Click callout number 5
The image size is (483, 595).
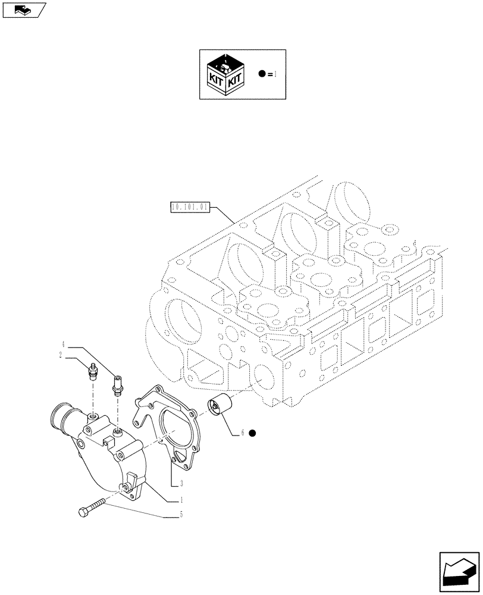click(x=181, y=515)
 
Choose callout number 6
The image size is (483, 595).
click(x=243, y=433)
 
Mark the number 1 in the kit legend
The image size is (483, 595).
click(x=275, y=74)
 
